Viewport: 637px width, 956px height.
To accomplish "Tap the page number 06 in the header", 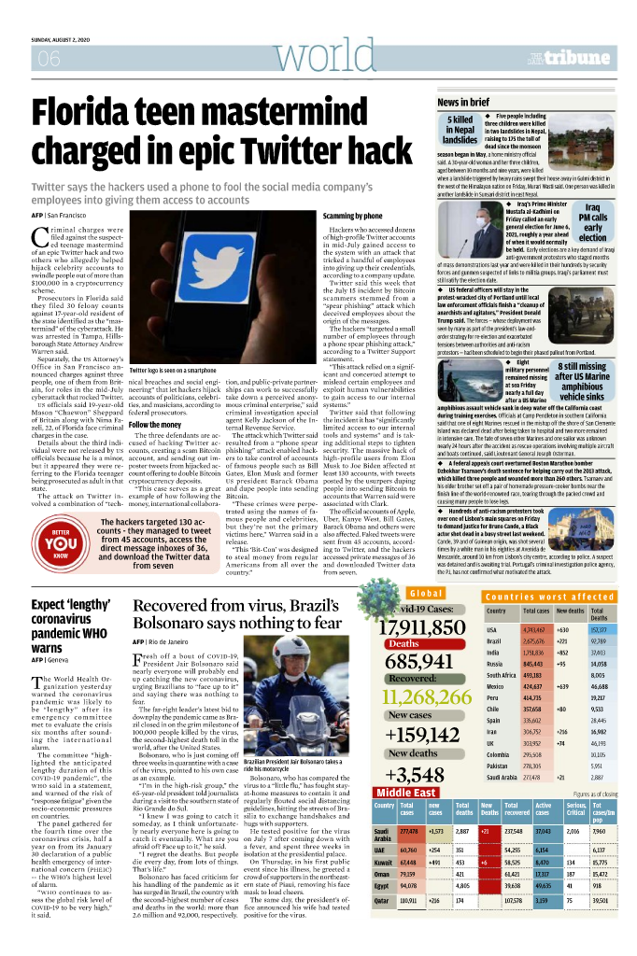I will pos(47,59).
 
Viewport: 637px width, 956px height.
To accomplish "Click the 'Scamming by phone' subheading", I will pos(352,216).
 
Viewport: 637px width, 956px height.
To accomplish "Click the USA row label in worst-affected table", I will pos(491,629).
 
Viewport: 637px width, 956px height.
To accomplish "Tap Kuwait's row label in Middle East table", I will pos(382,862).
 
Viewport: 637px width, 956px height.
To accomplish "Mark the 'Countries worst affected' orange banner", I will pos(549,596).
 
